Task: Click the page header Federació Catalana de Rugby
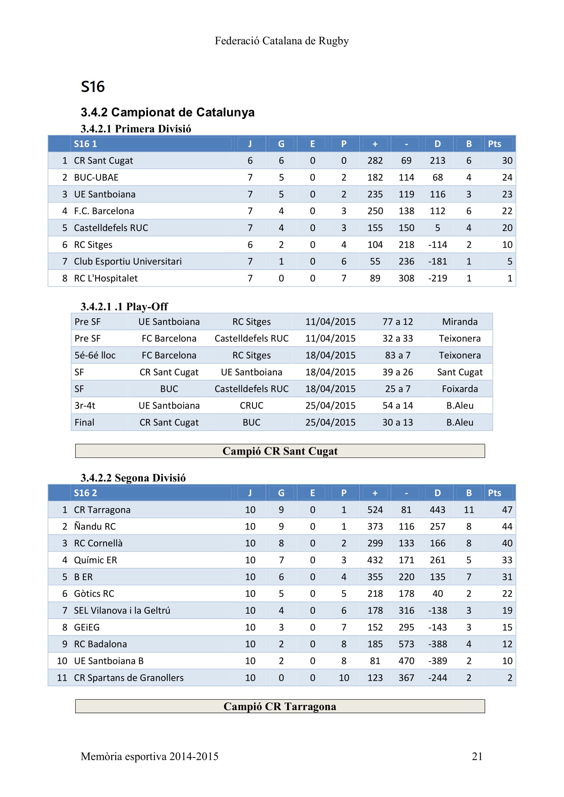282,41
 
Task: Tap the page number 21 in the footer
477,756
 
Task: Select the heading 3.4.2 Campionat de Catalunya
167,112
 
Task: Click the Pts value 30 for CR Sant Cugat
507,161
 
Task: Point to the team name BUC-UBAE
96,178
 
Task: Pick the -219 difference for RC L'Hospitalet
437,278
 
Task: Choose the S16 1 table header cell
86,144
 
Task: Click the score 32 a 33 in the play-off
398,338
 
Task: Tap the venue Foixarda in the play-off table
459,389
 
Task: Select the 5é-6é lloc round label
95,355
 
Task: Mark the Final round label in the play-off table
84,423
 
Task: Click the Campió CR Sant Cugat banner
280,451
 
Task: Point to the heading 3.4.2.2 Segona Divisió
133,478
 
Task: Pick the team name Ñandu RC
95,526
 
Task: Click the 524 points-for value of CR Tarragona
375,510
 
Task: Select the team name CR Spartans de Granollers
129,678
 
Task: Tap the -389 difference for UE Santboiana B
437,661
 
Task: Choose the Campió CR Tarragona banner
280,706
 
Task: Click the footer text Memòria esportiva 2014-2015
149,756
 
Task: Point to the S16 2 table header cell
86,493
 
